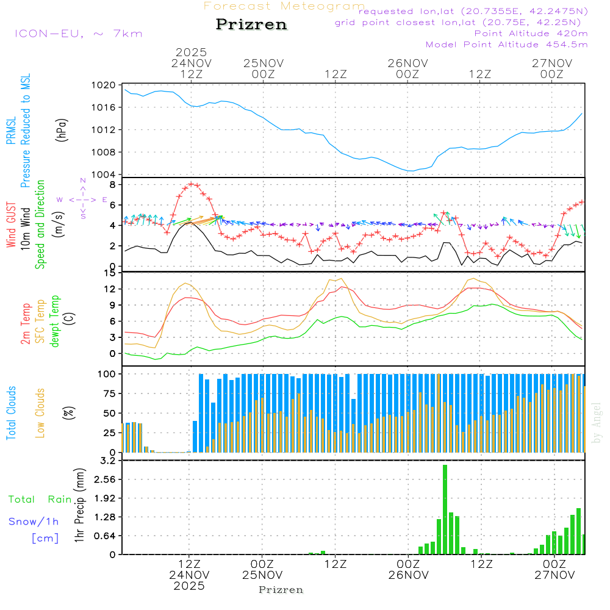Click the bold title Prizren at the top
[x=251, y=25]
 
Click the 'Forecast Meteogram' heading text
[x=284, y=6]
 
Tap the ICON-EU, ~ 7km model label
[x=78, y=33]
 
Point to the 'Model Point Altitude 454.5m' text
[x=506, y=44]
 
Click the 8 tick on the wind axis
[x=112, y=184]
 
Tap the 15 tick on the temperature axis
[x=110, y=273]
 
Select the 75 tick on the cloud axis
[x=109, y=393]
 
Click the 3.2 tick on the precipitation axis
[x=107, y=461]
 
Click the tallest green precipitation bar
[x=445, y=509]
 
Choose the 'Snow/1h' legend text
[x=34, y=522]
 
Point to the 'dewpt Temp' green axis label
[x=55, y=321]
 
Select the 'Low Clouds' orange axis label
[x=40, y=412]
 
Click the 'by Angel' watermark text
[x=597, y=422]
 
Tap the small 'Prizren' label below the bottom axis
[x=281, y=590]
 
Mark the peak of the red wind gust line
[x=192, y=184]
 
